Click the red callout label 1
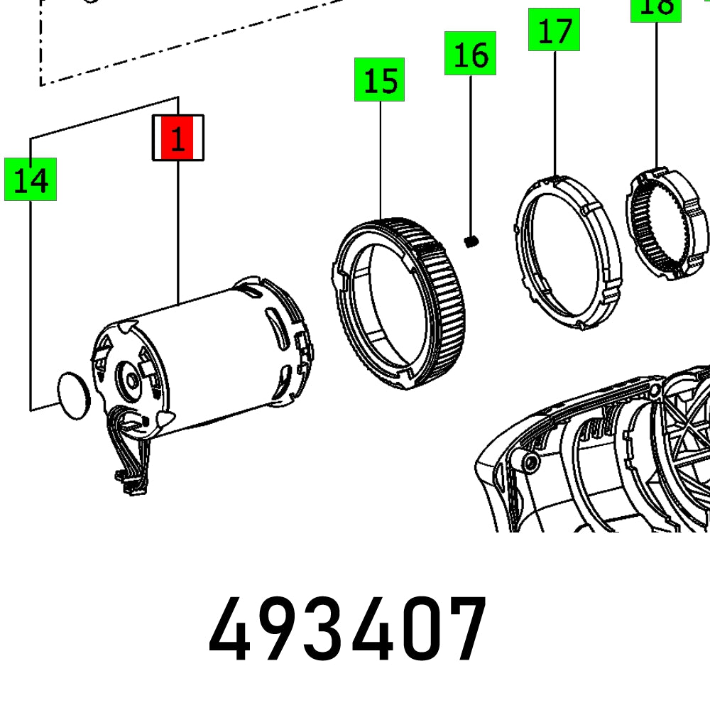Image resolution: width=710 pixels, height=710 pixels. coord(177,138)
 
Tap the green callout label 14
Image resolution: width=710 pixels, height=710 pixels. coord(31,180)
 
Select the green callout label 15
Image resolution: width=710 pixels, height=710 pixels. coord(380,80)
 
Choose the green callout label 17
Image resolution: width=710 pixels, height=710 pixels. coord(554,30)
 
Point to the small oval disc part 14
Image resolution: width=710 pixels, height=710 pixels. coord(73,395)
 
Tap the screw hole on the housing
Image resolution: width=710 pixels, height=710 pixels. coord(530,463)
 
